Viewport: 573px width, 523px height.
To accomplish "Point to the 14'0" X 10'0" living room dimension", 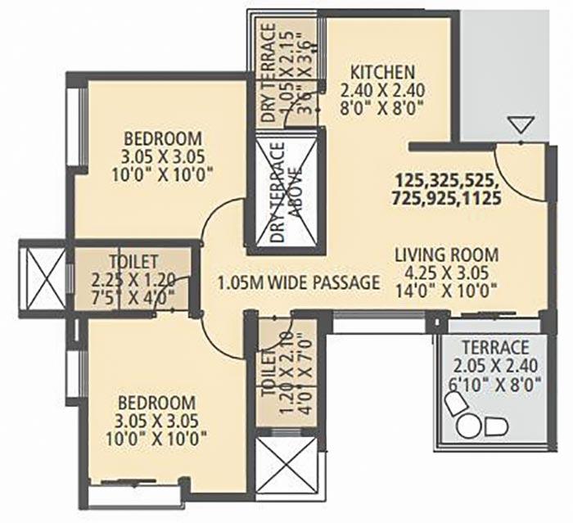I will (442, 288).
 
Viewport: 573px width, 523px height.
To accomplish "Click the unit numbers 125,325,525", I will (446, 179).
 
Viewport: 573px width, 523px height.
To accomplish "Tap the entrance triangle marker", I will (521, 126).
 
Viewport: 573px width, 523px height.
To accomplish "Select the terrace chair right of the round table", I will (495, 426).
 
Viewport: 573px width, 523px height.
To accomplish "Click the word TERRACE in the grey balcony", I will (493, 347).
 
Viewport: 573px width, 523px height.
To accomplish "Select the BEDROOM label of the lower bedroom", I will (156, 403).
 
